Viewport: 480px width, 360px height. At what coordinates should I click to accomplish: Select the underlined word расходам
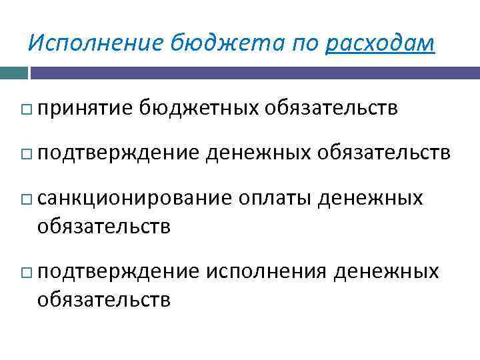(381, 43)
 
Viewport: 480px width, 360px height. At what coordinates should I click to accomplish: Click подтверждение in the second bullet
(118, 153)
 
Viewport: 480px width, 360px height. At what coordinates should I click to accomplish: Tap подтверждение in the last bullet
(118, 272)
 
